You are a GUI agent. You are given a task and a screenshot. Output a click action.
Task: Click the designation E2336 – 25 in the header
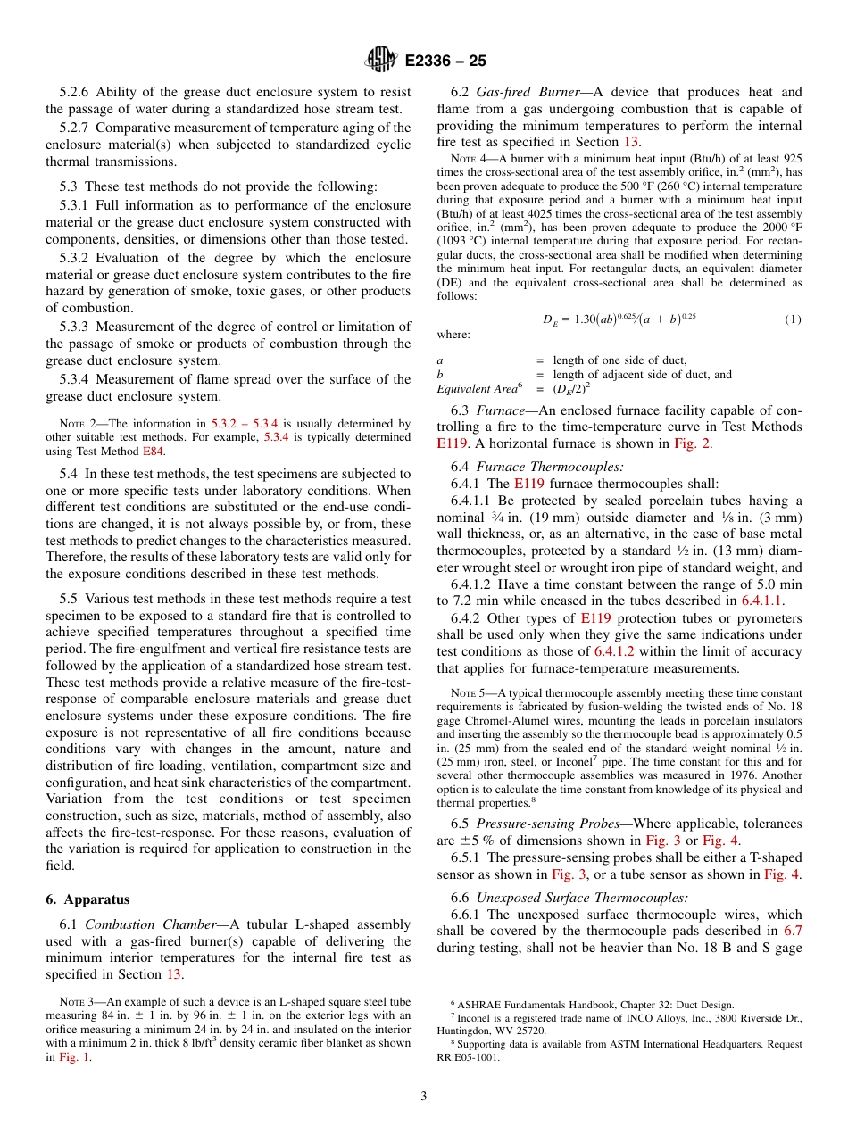[x=445, y=61]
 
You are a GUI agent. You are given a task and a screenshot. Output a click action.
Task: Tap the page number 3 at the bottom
[x=423, y=1096]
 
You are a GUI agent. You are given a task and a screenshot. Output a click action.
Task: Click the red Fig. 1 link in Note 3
[x=74, y=1057]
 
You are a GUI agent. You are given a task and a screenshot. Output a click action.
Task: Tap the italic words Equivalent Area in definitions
[x=476, y=389]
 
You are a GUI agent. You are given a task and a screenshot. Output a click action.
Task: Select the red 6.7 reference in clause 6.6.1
[x=793, y=931]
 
